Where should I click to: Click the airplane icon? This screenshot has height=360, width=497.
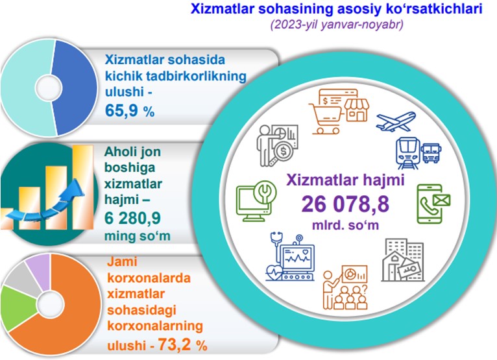pos(396,121)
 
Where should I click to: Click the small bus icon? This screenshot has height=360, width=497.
pos(431,153)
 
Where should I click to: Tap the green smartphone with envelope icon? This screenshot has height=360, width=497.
pos(433,204)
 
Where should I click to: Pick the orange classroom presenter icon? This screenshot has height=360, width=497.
pos(345,287)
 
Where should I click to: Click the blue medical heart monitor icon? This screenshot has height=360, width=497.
pos(290,257)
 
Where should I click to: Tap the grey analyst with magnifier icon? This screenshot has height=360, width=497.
pos(277,145)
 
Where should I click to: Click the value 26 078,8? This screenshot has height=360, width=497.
pos(345,204)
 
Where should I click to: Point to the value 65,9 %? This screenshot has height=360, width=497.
pos(130,111)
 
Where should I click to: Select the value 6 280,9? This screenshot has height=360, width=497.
pos(132,218)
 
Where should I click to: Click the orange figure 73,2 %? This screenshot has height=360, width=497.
pos(182,344)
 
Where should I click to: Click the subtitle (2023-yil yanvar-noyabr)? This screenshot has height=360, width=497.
pos(337,25)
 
